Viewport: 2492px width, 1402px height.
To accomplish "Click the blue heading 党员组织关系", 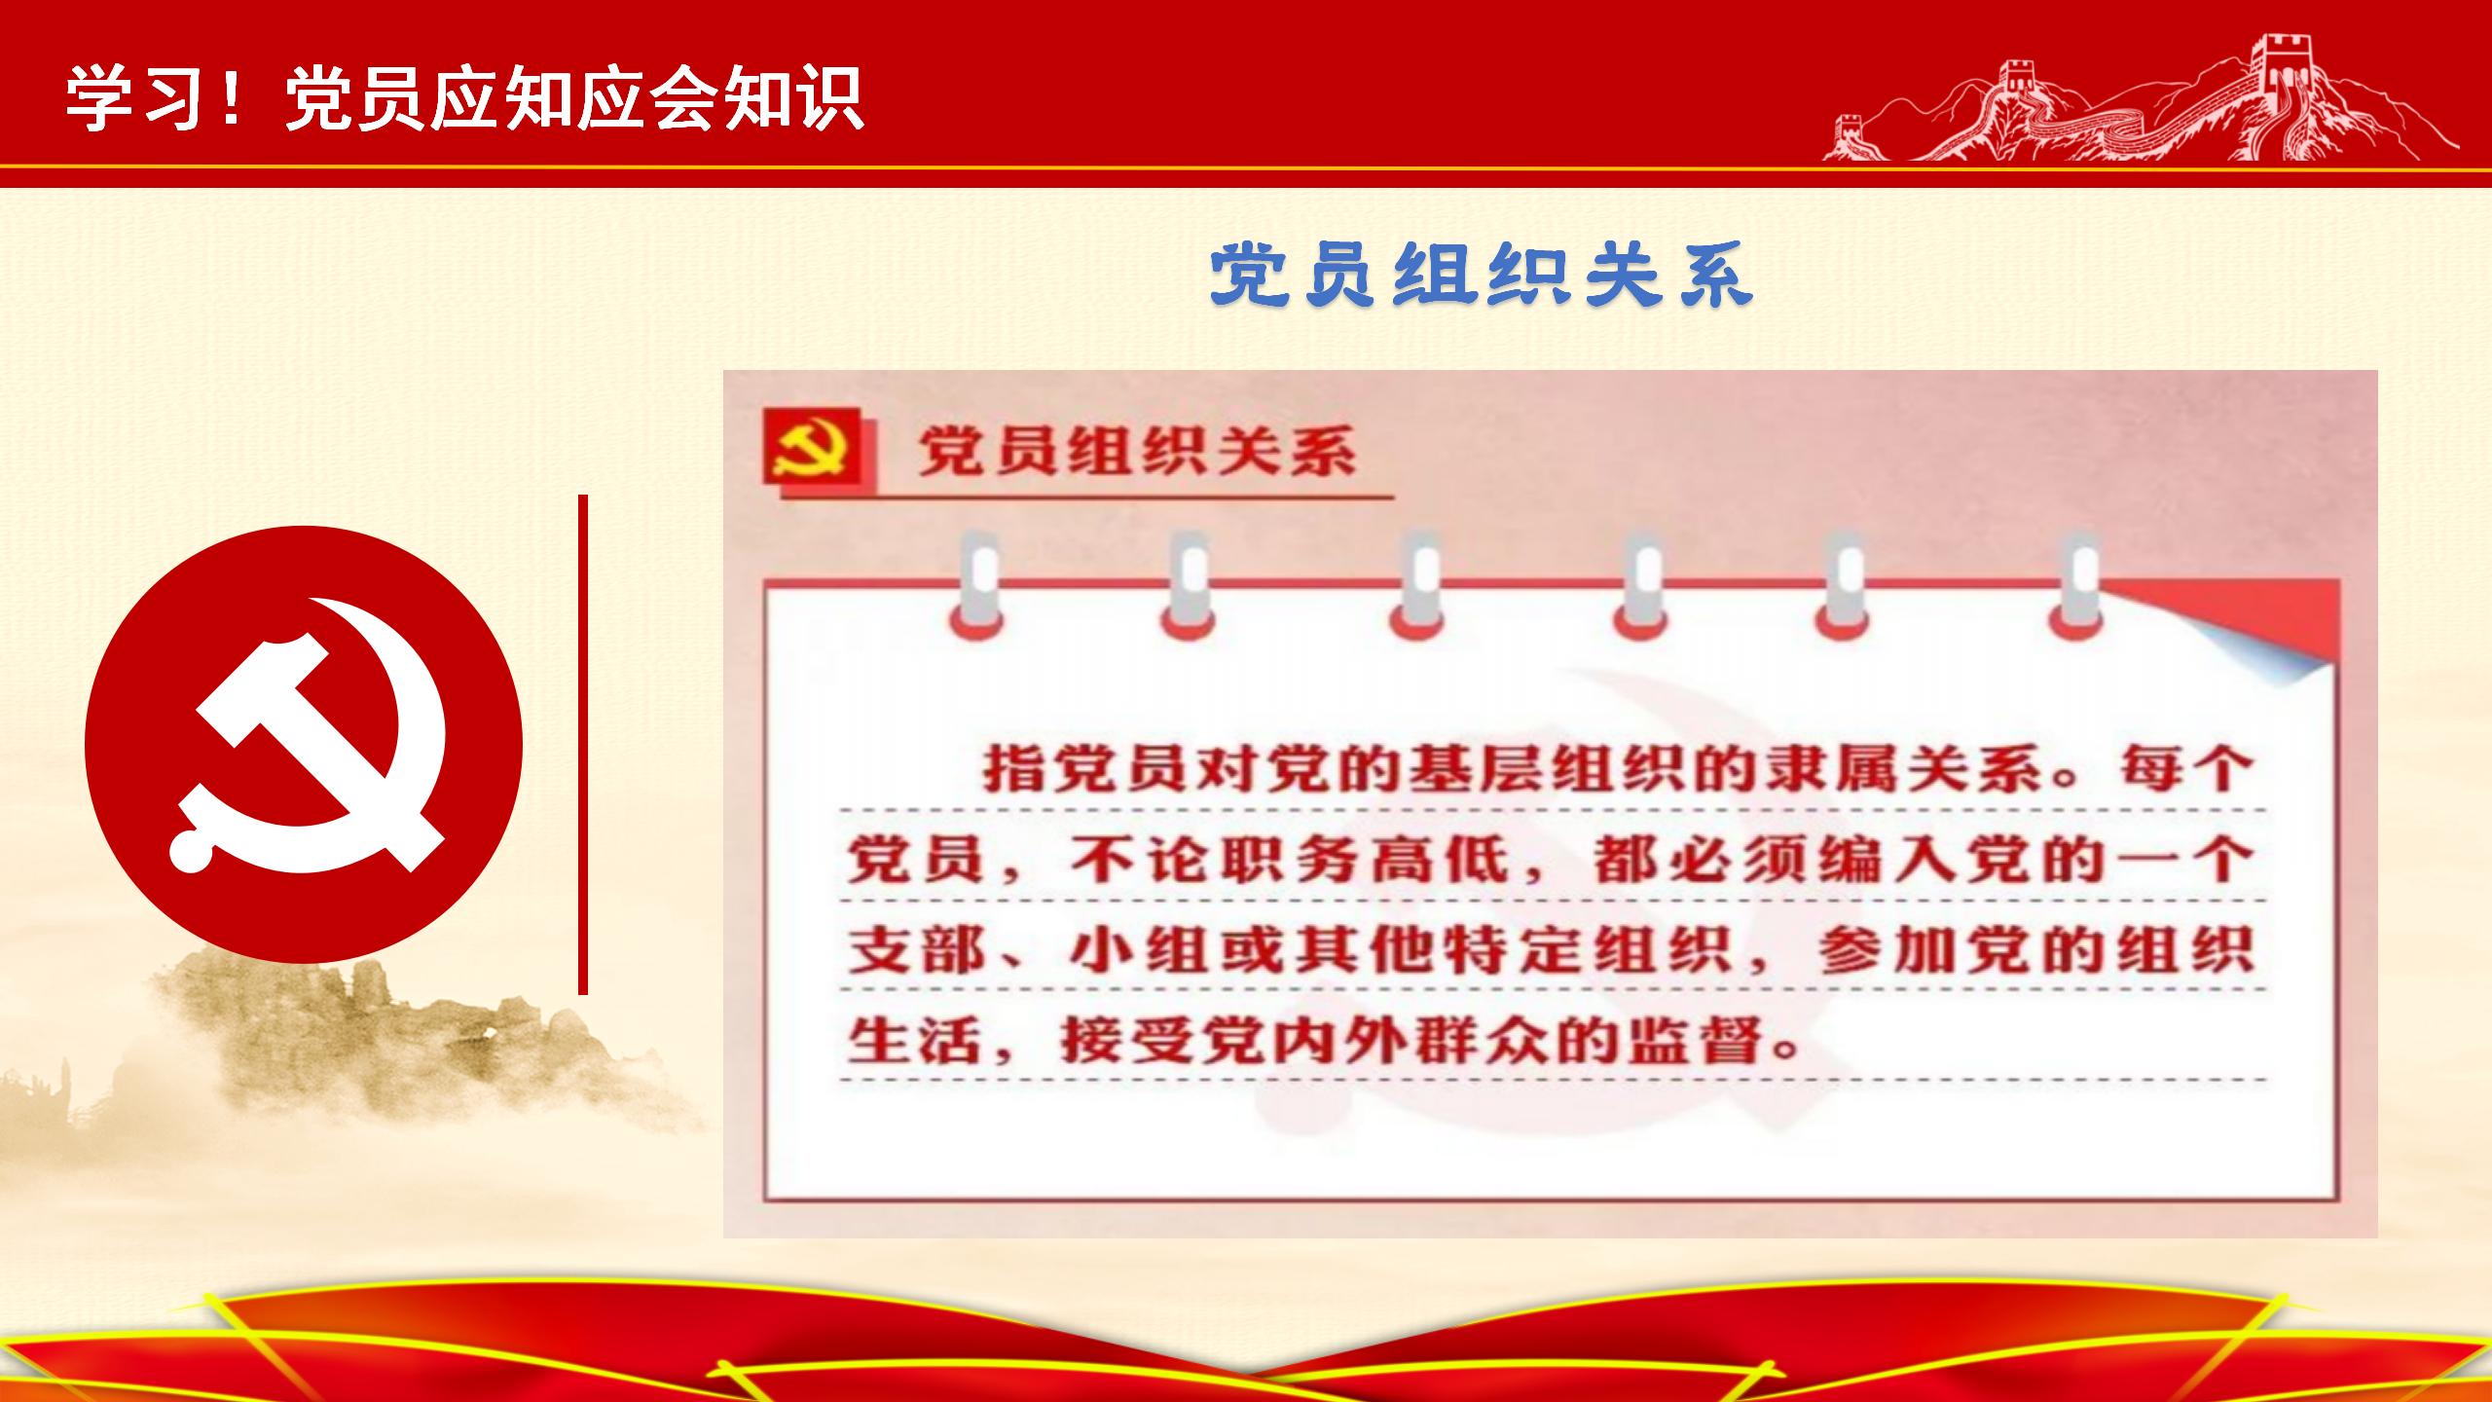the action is [1482, 276].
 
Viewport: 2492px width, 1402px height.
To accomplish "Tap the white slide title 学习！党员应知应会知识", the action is [465, 98].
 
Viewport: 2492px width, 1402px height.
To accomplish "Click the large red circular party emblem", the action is [304, 745].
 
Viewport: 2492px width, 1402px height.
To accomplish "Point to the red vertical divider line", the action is [583, 745].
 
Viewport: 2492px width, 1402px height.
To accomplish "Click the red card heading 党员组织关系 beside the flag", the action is [1137, 451].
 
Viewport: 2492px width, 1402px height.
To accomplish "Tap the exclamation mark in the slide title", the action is [232, 98].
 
